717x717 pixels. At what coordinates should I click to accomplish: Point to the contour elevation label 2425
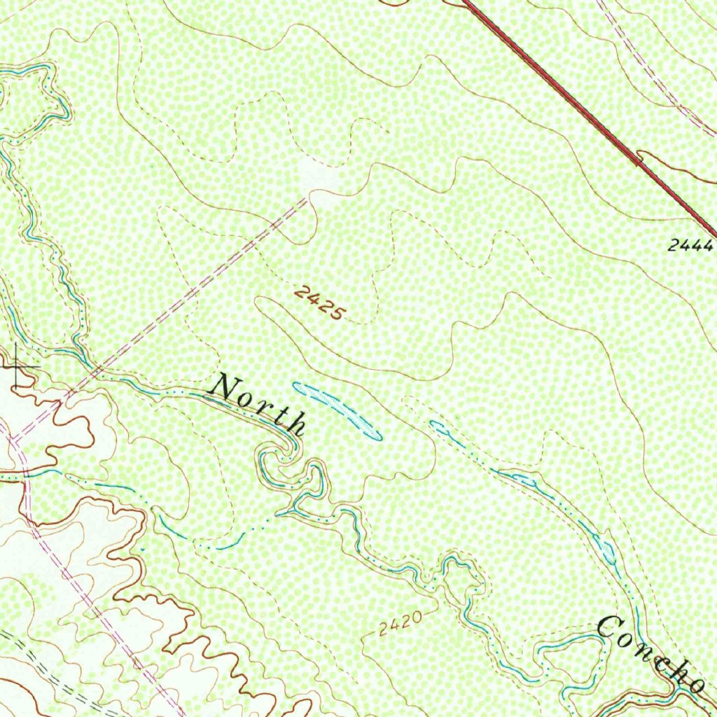(x=319, y=302)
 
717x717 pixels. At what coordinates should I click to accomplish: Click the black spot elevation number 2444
(x=690, y=246)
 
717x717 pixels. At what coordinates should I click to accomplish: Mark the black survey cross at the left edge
(x=16, y=366)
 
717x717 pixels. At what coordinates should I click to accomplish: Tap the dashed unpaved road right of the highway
(x=651, y=77)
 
